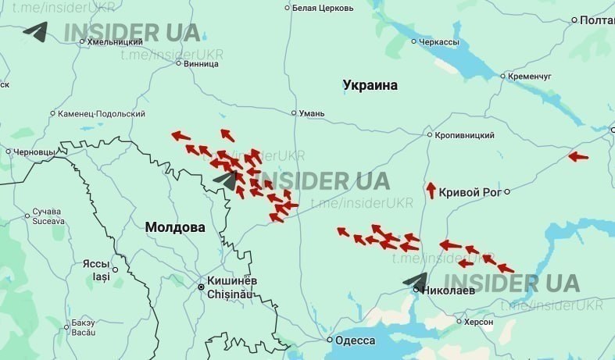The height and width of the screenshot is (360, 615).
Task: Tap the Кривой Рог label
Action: (469, 192)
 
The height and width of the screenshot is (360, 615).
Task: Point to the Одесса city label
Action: (356, 340)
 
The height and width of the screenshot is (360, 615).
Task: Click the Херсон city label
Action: (478, 322)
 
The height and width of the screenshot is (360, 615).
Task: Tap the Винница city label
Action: (202, 63)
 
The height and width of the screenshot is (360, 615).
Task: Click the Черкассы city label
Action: (439, 41)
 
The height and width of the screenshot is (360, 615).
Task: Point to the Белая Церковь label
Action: (320, 8)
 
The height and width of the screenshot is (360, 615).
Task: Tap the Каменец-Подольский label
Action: (102, 114)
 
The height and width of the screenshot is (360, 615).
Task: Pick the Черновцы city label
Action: (34, 151)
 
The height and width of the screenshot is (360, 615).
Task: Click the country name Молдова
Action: (175, 227)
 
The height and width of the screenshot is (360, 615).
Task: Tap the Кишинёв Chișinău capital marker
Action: (201, 287)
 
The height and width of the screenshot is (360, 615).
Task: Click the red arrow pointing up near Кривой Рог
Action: (431, 190)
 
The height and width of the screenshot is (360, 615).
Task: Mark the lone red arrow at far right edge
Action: (578, 156)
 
